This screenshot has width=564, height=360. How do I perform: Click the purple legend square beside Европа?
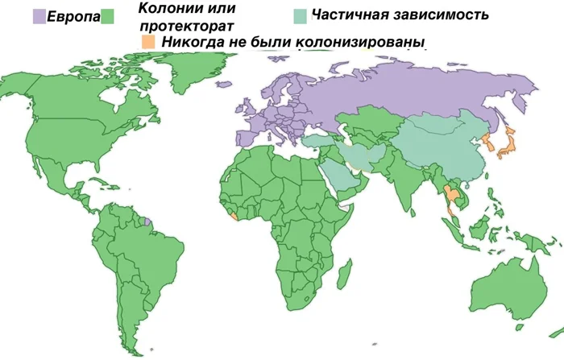click(39, 15)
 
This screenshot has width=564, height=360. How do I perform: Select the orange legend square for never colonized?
click(147, 41)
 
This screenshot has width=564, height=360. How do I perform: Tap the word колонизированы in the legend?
click(359, 41)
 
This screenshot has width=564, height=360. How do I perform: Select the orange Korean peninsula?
click(488, 147)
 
